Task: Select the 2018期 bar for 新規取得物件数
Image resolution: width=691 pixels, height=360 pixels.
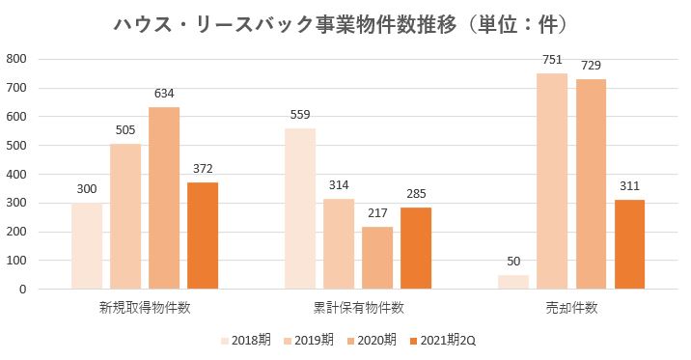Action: (x=87, y=245)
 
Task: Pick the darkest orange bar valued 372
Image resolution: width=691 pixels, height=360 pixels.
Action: (x=203, y=235)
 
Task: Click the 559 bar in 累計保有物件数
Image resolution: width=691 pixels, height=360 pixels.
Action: (x=300, y=208)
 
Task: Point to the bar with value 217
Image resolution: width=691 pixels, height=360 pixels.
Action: (x=377, y=258)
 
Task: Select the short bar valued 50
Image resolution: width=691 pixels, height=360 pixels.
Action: (x=513, y=282)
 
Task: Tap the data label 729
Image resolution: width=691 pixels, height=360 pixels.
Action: (x=591, y=66)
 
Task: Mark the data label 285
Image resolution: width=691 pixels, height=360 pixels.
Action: (x=416, y=194)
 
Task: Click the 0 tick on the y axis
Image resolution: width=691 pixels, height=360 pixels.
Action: (x=22, y=290)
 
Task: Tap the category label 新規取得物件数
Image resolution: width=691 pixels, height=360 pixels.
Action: (x=145, y=308)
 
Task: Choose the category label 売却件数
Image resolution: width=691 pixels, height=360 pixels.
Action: (x=571, y=308)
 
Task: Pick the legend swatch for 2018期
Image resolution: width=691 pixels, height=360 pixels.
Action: (x=226, y=340)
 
